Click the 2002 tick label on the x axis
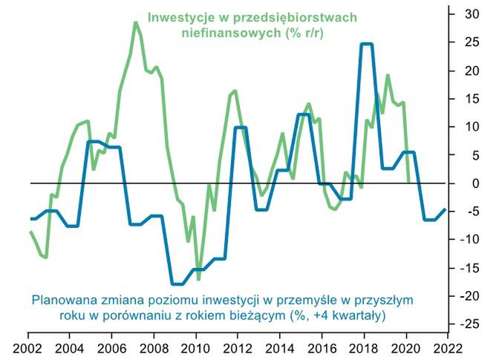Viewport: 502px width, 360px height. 28,347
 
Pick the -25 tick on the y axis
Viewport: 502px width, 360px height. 471,324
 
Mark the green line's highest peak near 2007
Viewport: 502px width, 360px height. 136,23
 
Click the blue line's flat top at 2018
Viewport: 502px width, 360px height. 366,45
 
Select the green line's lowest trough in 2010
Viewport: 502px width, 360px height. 198,279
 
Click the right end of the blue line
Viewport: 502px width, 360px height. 445,209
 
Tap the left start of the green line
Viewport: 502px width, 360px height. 30,232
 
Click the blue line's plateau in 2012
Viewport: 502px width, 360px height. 241,128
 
